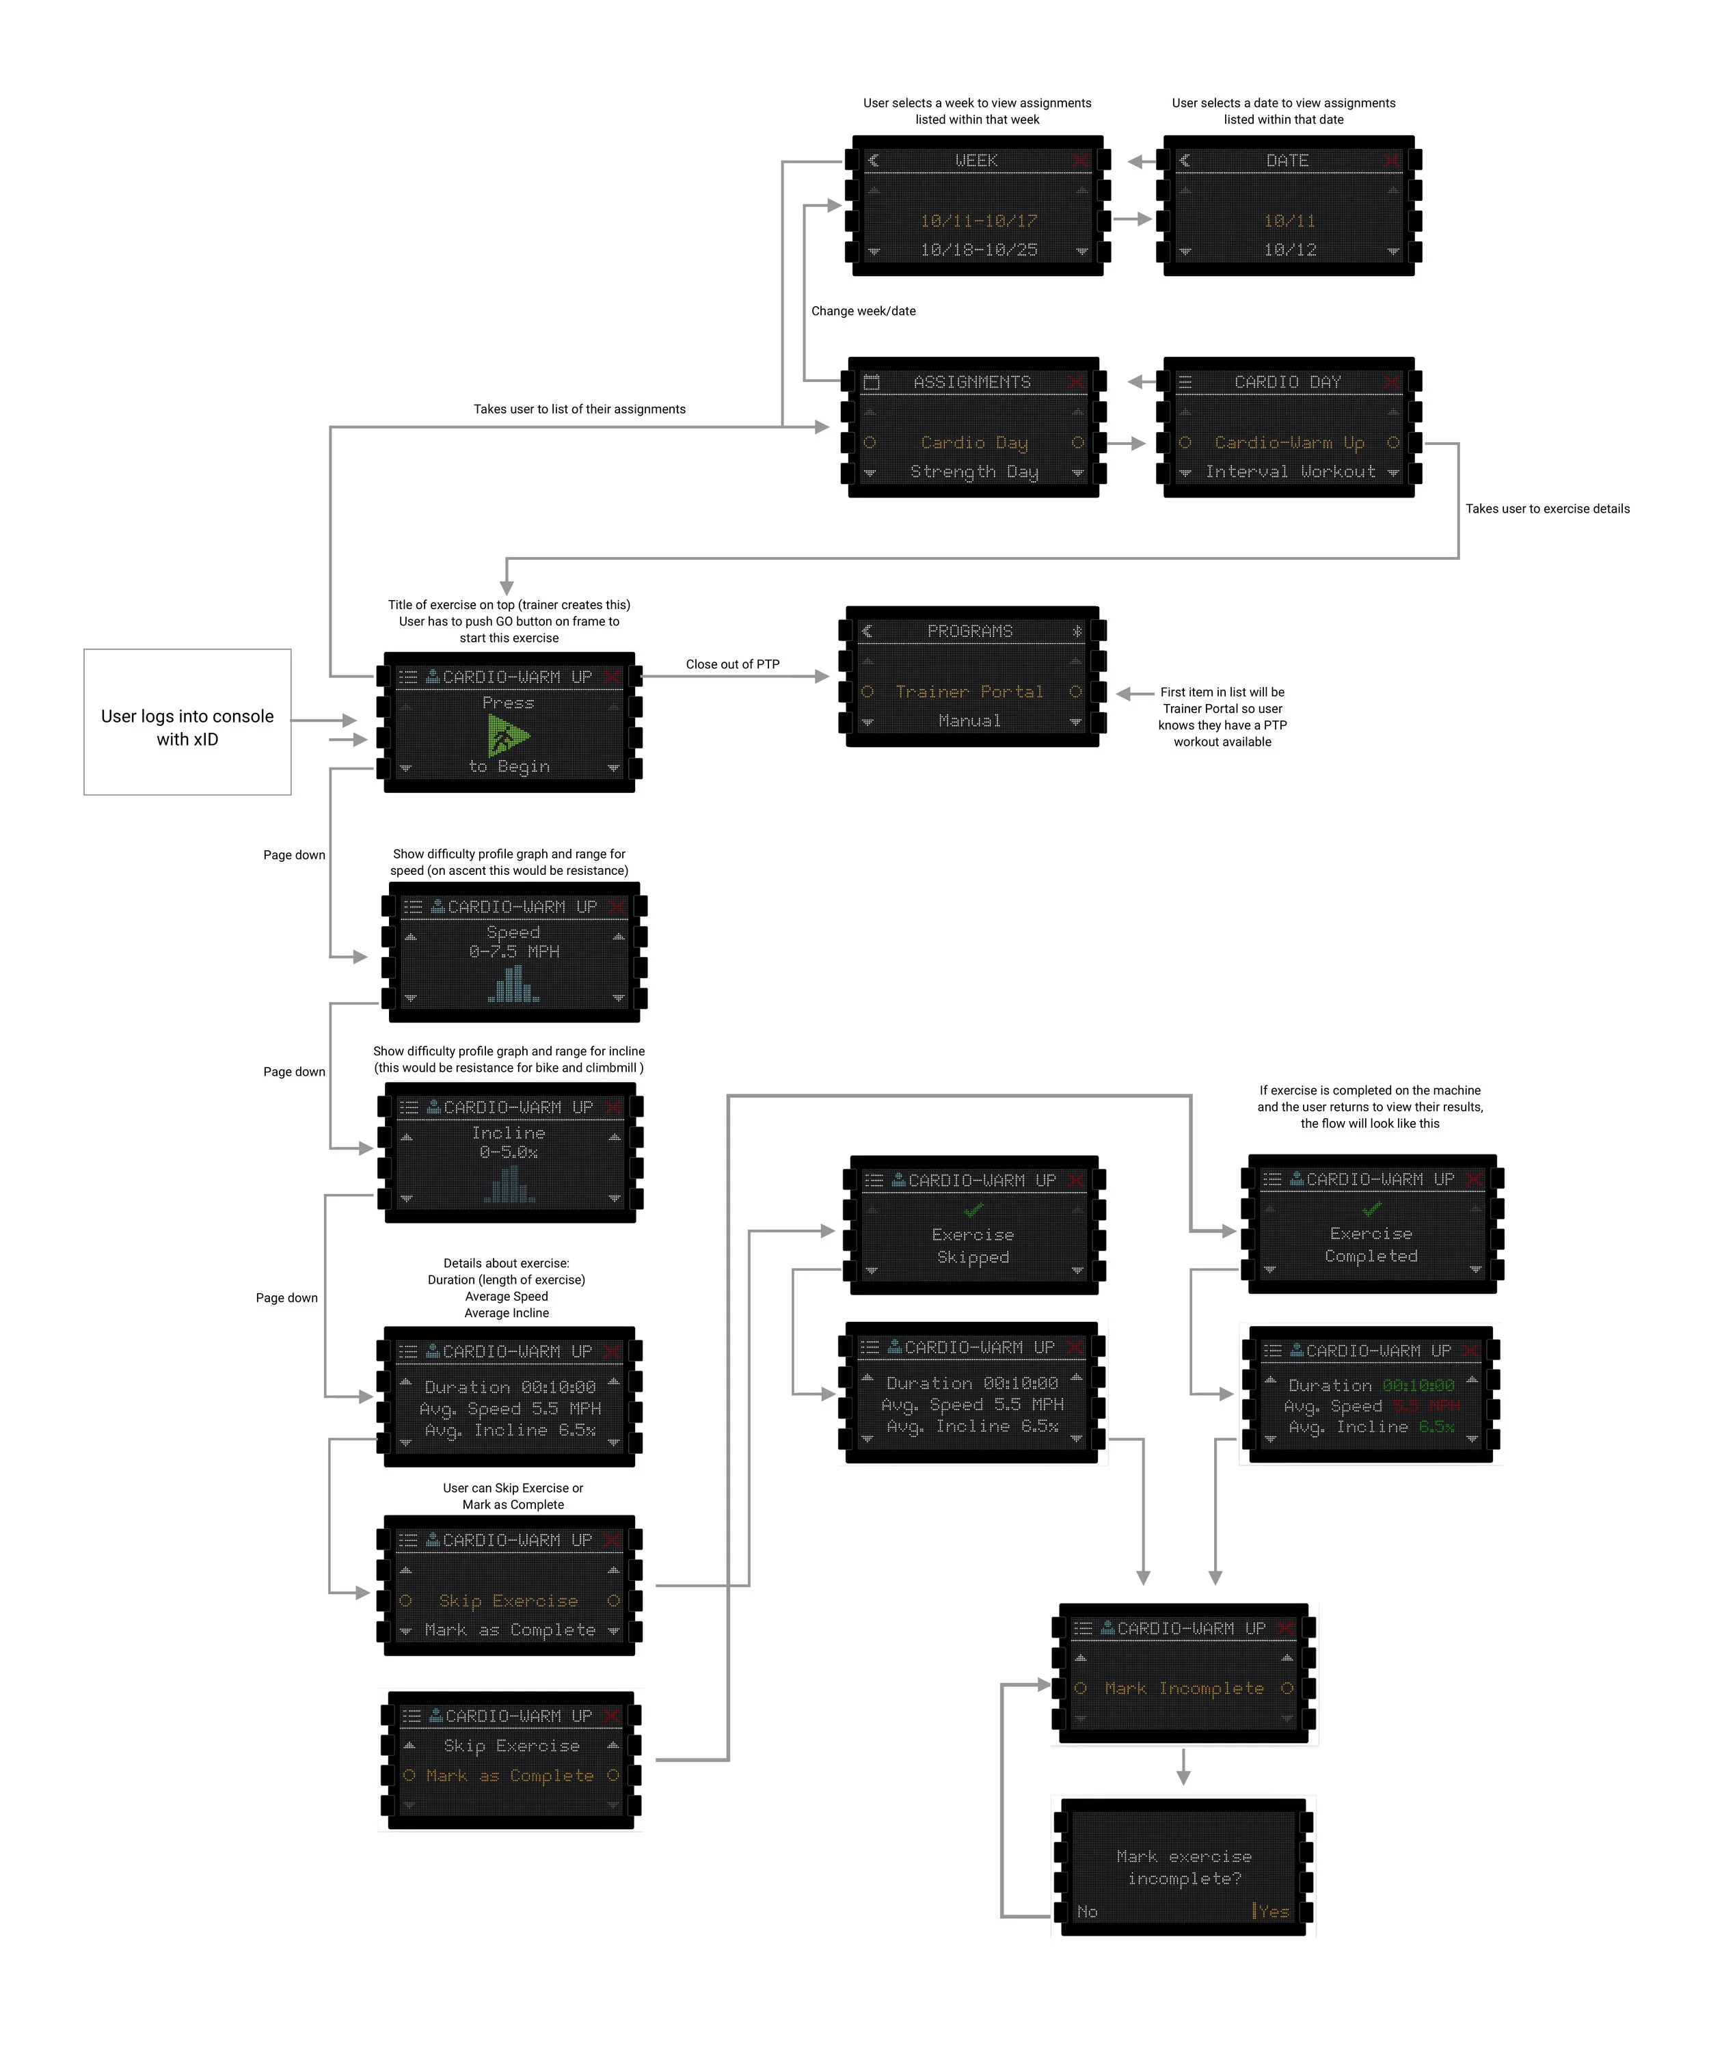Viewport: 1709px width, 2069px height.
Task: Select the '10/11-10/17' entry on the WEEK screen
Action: (x=978, y=221)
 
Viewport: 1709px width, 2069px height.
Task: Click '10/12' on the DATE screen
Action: (x=1290, y=250)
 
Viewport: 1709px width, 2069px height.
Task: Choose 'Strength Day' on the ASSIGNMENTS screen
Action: (x=973, y=472)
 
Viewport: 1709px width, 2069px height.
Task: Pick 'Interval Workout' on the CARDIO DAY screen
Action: (x=1290, y=472)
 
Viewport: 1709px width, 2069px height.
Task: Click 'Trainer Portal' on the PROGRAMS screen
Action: (x=969, y=692)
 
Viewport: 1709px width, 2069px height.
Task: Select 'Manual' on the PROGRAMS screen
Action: (x=969, y=720)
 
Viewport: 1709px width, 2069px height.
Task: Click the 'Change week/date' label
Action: (x=863, y=311)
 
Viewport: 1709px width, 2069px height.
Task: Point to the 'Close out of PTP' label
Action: (x=732, y=664)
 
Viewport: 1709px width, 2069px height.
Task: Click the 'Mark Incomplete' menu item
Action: (x=1183, y=1688)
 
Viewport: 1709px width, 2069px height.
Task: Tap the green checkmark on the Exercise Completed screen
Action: (x=1371, y=1208)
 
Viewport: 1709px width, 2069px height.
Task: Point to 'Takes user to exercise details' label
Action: (x=1546, y=509)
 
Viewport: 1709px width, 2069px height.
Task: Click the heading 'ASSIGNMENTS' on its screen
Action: (x=971, y=382)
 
